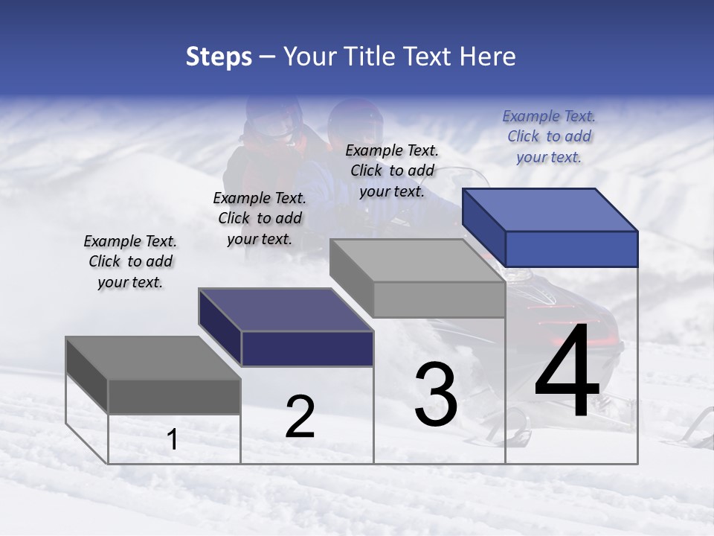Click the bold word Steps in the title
219,57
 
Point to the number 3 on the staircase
436,395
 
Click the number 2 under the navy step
300,417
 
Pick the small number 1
173,440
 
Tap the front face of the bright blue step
571,249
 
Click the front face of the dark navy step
307,348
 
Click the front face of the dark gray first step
174,396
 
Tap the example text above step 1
130,262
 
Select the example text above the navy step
260,218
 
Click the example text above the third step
392,170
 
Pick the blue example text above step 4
549,136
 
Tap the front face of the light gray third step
439,299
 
